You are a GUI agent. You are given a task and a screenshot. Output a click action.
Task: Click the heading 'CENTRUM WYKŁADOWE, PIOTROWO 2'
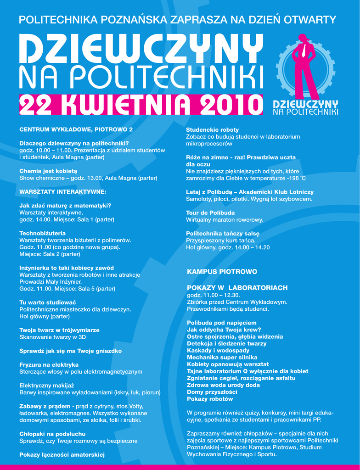click(x=76, y=129)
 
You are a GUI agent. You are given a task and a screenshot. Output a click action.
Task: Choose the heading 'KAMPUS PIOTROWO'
click(x=222, y=272)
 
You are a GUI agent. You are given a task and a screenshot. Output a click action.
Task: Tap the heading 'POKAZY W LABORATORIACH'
click(x=237, y=288)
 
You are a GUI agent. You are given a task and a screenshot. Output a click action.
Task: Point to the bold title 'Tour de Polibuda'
click(x=210, y=213)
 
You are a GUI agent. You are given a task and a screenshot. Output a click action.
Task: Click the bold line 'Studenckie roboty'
click(x=212, y=130)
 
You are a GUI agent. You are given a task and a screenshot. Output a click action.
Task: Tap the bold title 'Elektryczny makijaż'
click(x=46, y=386)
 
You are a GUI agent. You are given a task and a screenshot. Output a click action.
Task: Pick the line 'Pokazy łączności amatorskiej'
click(x=62, y=455)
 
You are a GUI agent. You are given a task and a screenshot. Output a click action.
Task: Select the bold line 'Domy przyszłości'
click(x=212, y=392)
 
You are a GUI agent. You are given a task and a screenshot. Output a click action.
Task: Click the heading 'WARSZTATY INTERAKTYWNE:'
click(x=62, y=191)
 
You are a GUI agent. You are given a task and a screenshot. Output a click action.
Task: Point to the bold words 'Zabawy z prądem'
click(x=45, y=406)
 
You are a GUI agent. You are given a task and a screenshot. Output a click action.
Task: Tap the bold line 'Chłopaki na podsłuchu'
click(x=52, y=434)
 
